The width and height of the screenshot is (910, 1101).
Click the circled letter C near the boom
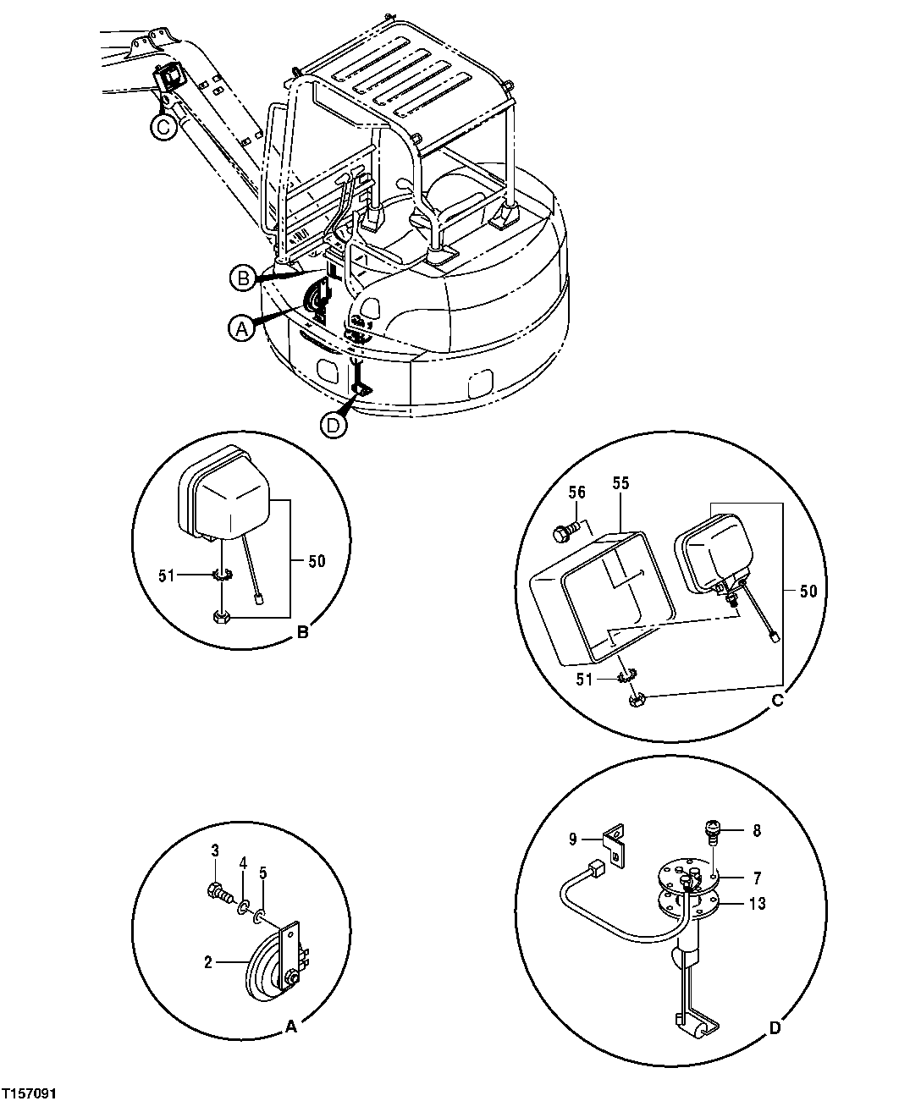tap(163, 126)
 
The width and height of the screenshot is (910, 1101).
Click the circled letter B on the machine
tap(242, 277)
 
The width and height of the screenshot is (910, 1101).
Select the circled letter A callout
tap(240, 328)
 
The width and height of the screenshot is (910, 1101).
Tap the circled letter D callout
tap(334, 426)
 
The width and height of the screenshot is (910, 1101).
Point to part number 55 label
tap(621, 483)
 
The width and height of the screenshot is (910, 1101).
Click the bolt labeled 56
tap(561, 533)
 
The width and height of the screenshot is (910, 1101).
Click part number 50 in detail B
tap(317, 560)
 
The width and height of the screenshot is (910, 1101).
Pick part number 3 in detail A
tap(215, 850)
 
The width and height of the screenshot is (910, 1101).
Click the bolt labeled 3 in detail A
tap(217, 891)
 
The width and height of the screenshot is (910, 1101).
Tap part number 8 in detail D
tap(756, 830)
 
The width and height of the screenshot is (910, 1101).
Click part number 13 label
tap(757, 904)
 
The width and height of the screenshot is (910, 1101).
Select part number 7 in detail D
tap(756, 878)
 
